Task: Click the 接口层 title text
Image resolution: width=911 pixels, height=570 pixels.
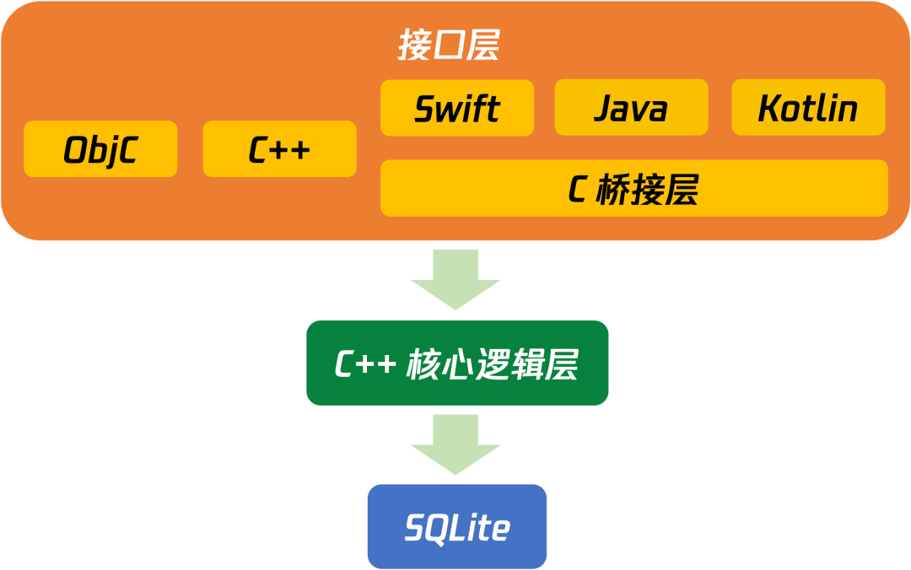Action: (x=448, y=46)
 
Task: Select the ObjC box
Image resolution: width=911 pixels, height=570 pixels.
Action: (x=100, y=149)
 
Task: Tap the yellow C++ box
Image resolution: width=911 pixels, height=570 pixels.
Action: (x=279, y=149)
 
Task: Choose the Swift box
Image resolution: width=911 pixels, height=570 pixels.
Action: (x=457, y=108)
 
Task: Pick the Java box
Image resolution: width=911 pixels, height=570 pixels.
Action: (x=631, y=108)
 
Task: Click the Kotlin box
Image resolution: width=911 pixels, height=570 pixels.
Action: (x=808, y=108)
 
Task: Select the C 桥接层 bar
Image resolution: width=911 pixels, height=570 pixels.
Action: (x=634, y=188)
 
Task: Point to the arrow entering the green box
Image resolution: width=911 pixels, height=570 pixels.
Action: (x=455, y=279)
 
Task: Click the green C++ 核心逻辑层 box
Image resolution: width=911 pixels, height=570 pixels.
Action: (x=457, y=363)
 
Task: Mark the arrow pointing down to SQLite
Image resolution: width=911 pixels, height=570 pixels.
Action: (x=455, y=444)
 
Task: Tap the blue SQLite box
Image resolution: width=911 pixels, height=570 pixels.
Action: (x=457, y=526)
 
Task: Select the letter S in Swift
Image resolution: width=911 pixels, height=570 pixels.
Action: (x=424, y=109)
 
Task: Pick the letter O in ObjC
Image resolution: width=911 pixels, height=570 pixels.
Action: (x=77, y=150)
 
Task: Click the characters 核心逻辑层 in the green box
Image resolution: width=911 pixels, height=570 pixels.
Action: (x=493, y=364)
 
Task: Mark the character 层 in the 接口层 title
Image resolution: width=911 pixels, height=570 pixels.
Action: (x=482, y=46)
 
